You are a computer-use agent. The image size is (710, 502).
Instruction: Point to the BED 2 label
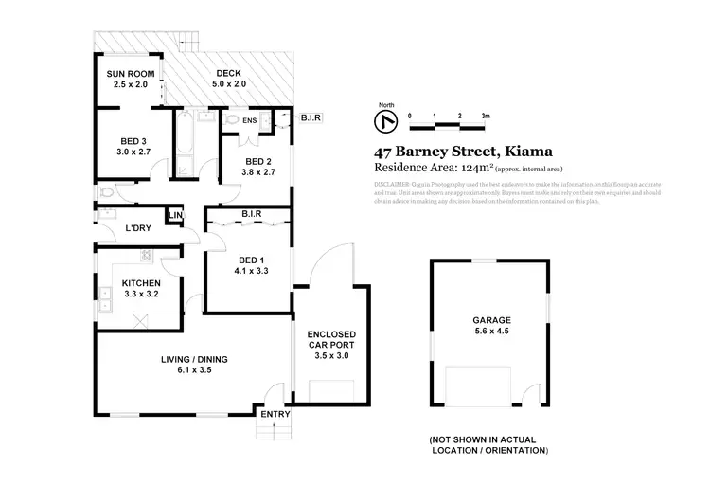(x=257, y=161)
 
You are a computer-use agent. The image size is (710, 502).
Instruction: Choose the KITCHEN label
(x=139, y=283)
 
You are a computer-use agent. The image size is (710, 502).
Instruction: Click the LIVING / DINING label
(x=193, y=359)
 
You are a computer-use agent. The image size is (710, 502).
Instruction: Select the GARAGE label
(x=490, y=320)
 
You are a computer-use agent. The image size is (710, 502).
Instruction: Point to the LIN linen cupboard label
(x=174, y=217)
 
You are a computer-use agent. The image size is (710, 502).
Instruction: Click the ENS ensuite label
(x=250, y=121)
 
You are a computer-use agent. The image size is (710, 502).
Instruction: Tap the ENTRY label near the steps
(x=275, y=414)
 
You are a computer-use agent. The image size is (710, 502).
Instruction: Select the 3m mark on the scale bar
(x=485, y=116)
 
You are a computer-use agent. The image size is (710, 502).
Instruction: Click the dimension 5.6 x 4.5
(x=490, y=332)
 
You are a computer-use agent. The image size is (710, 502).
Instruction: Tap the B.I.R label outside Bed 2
(x=311, y=117)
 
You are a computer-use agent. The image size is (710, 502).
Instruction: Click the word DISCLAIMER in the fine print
(x=392, y=183)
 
